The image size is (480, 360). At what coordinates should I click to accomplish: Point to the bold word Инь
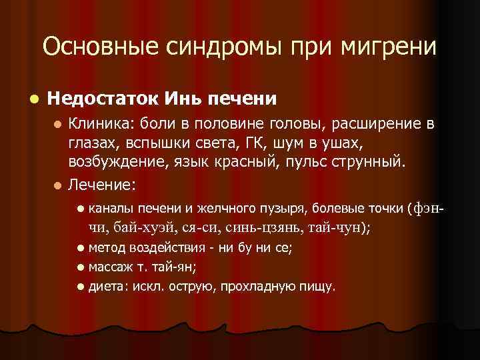(183, 99)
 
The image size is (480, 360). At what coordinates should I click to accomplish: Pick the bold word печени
(243, 99)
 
